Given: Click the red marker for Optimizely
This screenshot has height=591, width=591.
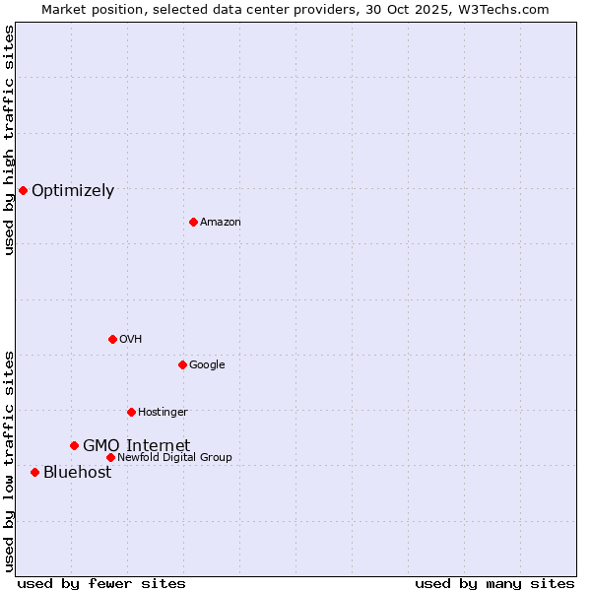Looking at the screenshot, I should (23, 190).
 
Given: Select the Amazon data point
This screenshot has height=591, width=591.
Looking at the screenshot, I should (193, 222).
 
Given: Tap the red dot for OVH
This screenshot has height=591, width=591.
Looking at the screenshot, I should (112, 339).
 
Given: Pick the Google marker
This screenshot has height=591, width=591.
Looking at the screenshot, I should (182, 364).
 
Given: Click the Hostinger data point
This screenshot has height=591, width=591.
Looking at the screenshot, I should (131, 412).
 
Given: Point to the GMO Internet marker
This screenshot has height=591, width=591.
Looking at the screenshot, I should (74, 445).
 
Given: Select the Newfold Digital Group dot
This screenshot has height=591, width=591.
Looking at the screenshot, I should (110, 457).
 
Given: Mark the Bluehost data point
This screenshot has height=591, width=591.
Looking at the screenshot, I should (34, 472).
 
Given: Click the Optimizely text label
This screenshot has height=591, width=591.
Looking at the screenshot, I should (73, 191).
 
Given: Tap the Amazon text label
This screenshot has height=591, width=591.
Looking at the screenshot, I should (221, 223).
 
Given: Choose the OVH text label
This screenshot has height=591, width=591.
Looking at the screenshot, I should (131, 340).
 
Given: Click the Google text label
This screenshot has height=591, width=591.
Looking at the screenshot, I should (207, 365).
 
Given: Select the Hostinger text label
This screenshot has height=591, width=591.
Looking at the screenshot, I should (163, 413).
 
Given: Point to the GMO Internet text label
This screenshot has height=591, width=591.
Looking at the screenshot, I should (136, 446).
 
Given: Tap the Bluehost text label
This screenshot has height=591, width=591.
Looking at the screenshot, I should (77, 473).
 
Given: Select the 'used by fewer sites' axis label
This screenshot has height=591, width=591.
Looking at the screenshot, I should (101, 583).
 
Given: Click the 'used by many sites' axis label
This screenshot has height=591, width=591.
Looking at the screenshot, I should (494, 583).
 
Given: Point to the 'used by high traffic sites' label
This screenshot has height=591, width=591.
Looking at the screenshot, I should (9, 140).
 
